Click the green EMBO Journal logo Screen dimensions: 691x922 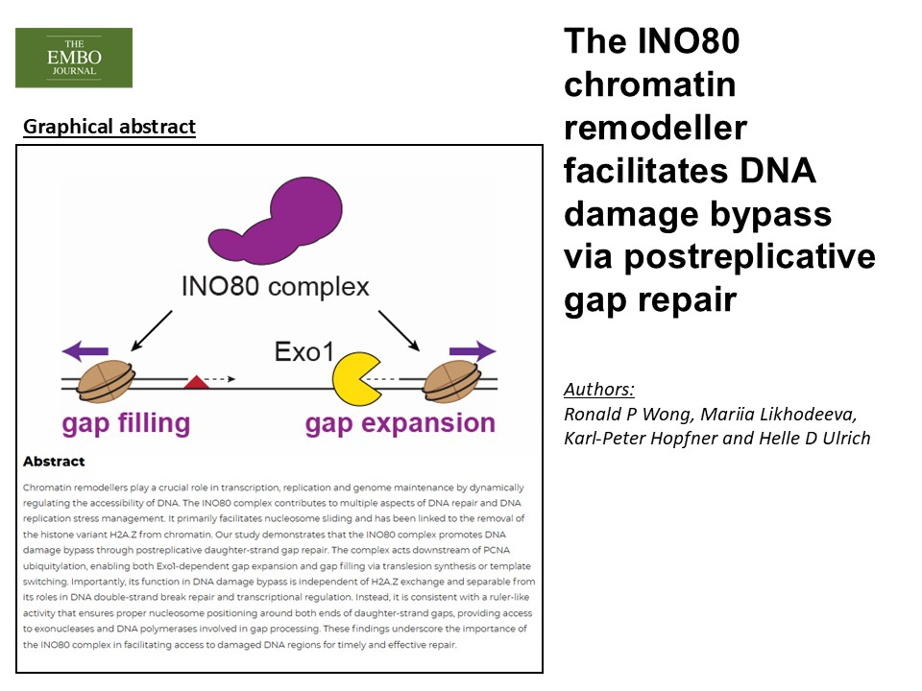pyautogui.click(x=74, y=58)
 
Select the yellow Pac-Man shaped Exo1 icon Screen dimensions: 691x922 pyautogui.click(x=356, y=378)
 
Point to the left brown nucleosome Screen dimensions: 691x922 pyautogui.click(x=106, y=380)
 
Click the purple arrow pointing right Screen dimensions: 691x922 pyautogui.click(x=471, y=350)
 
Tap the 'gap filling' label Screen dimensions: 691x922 pyautogui.click(x=126, y=423)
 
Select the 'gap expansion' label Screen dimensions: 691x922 pyautogui.click(x=400, y=423)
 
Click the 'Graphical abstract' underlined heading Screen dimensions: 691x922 pyautogui.click(x=109, y=127)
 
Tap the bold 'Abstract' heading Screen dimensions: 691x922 pyautogui.click(x=54, y=462)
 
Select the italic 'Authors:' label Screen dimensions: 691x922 pyautogui.click(x=599, y=390)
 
